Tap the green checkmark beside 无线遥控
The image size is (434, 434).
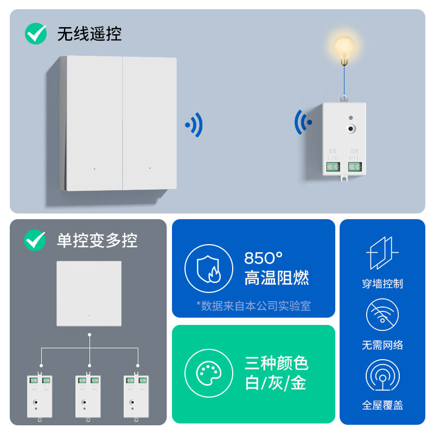(36, 34)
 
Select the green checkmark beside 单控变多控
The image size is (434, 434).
(35, 240)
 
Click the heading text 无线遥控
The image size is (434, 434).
(90, 34)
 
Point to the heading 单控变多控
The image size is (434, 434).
(97, 240)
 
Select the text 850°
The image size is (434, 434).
(264, 258)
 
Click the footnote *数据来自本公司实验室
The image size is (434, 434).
(253, 306)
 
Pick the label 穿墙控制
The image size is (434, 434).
(382, 284)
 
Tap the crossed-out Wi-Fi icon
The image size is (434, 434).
(382, 315)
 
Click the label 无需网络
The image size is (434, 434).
(382, 345)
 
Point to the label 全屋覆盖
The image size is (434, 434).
(382, 405)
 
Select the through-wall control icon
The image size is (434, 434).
(382, 253)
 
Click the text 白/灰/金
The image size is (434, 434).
(276, 383)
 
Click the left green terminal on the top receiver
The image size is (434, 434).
(333, 167)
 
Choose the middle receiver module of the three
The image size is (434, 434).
(88, 396)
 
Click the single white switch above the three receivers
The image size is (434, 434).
(89, 293)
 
